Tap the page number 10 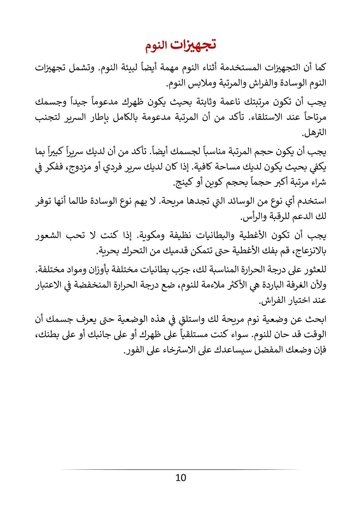180,478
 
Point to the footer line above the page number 180,470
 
